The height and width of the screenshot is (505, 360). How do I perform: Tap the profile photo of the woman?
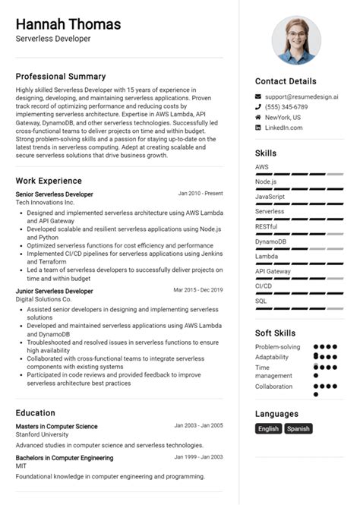coord(296,39)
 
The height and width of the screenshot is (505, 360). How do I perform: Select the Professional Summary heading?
coord(61,77)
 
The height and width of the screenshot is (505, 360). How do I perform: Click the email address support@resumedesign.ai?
coord(302,96)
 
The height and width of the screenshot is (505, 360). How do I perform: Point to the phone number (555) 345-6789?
coord(286,107)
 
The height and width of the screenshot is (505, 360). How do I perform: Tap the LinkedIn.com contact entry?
coord(283,128)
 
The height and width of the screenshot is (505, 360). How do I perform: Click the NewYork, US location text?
coord(283,118)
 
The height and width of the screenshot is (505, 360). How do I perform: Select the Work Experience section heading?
coord(49,181)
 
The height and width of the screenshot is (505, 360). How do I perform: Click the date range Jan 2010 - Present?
coord(201,194)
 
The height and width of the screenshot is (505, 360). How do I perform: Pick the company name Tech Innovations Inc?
coord(45,203)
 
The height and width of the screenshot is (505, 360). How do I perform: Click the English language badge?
coord(268,428)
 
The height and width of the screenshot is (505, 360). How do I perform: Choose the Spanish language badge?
coord(298,428)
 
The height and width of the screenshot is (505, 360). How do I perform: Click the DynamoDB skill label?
coord(270,241)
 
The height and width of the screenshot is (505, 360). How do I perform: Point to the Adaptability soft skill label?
coord(272,357)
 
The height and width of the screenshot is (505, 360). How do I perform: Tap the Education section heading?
coord(35,412)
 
